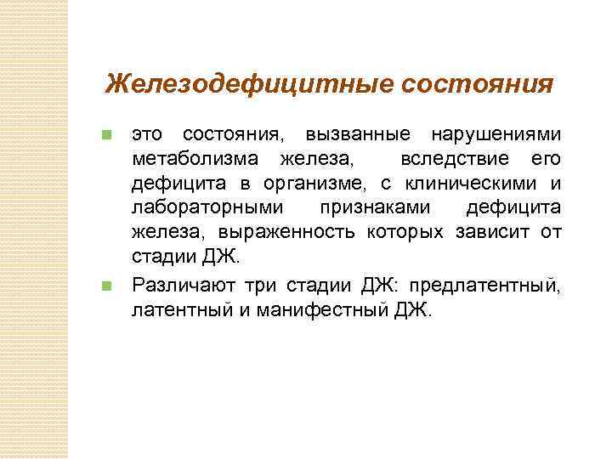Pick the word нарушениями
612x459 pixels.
tap(496, 135)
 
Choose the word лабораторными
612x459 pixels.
tap(209, 208)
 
